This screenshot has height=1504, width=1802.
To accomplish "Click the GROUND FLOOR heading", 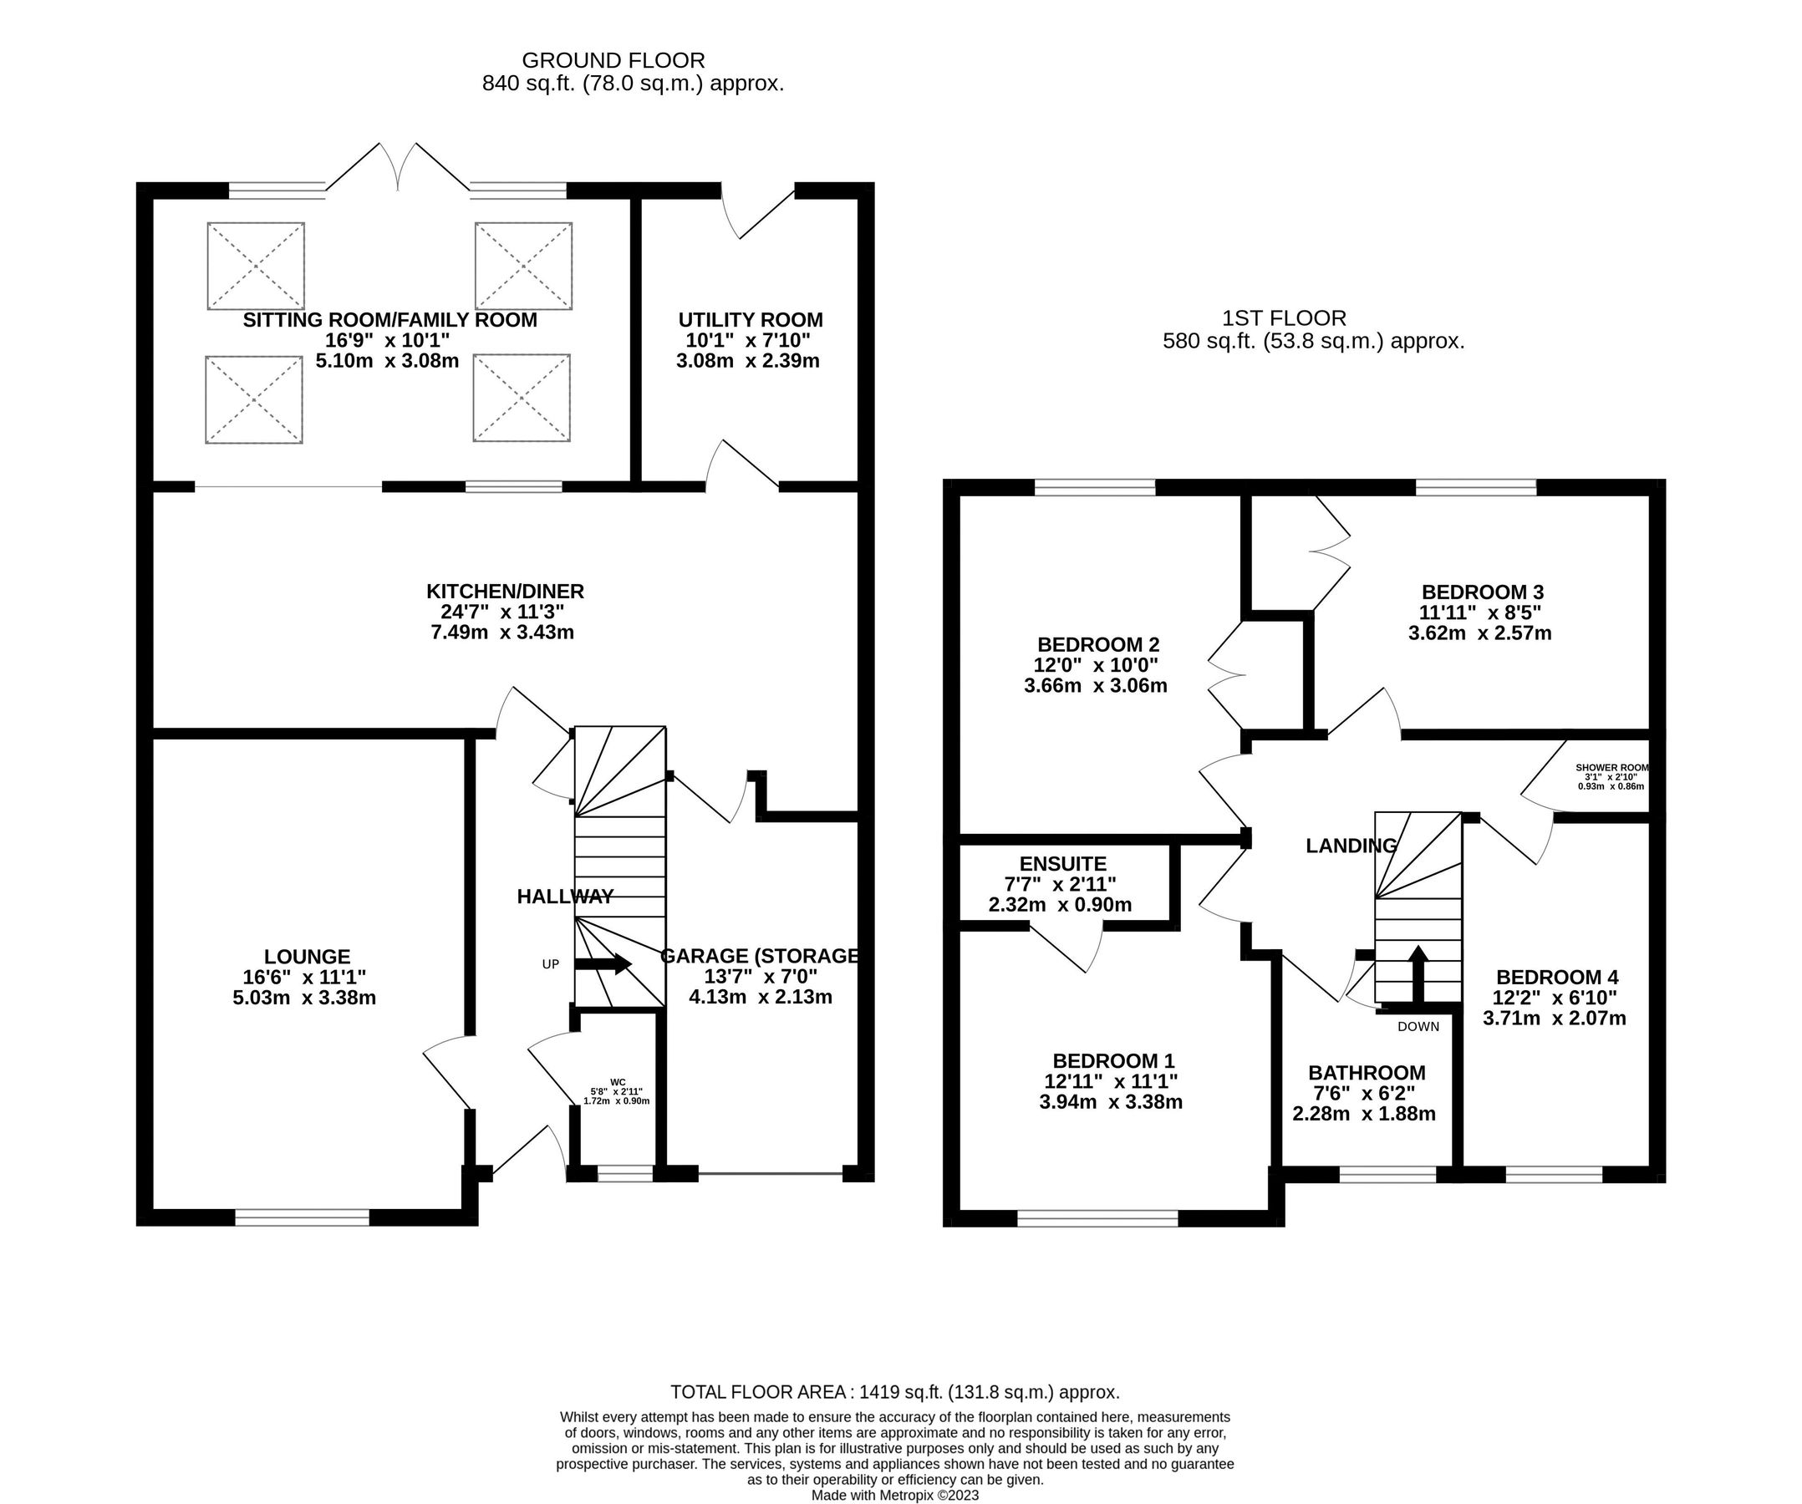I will [x=613, y=61].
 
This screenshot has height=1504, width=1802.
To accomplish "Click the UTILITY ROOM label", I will [x=750, y=320].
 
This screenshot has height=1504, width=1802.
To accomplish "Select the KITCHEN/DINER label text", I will [x=505, y=591].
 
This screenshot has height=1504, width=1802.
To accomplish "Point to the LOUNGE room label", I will [x=308, y=957].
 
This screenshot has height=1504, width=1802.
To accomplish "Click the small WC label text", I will [x=617, y=1082].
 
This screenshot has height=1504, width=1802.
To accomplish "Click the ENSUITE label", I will [x=1062, y=864].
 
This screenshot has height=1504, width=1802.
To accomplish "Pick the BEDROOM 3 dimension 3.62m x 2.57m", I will [x=1479, y=634].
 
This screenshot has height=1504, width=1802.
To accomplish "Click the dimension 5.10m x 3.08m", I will [x=387, y=361].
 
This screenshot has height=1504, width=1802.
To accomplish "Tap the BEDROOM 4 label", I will [x=1556, y=978].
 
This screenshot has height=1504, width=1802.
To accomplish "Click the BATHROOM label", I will [x=1366, y=1073].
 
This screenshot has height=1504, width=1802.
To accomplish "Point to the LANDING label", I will [x=1351, y=846].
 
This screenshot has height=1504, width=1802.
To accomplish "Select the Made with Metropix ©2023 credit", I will [x=894, y=1496].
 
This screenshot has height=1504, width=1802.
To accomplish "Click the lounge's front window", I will [x=302, y=1217].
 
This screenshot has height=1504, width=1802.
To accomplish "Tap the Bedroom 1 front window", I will [x=1097, y=1217].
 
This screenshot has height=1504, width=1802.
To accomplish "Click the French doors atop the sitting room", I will [x=397, y=168].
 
